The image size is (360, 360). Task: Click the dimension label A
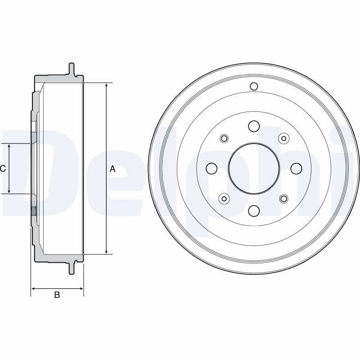112,169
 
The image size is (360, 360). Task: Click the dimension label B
57,295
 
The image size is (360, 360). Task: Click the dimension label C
3,169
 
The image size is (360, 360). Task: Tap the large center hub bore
254,168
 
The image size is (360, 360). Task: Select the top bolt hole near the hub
254,126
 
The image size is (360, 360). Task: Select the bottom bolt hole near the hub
254,211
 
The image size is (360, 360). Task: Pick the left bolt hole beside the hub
211,168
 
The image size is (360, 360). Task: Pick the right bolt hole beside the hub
296,168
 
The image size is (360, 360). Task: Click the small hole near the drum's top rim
254,86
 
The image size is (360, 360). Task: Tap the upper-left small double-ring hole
224,139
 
